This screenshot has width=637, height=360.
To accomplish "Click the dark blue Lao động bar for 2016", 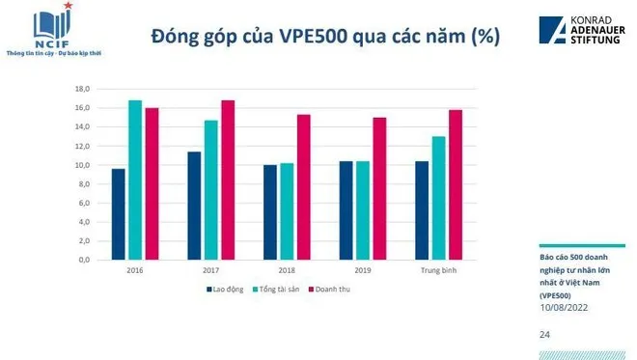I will pyautogui.click(x=118, y=214).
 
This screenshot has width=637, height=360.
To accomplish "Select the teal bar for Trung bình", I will pyautogui.click(x=438, y=198).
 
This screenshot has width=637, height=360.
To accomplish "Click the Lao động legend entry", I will pyautogui.click(x=225, y=289).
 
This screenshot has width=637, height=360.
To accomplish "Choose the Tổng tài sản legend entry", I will pyautogui.click(x=278, y=289).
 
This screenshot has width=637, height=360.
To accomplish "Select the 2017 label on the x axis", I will pyautogui.click(x=210, y=271).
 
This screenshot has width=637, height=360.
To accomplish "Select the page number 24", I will pyautogui.click(x=545, y=334).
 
